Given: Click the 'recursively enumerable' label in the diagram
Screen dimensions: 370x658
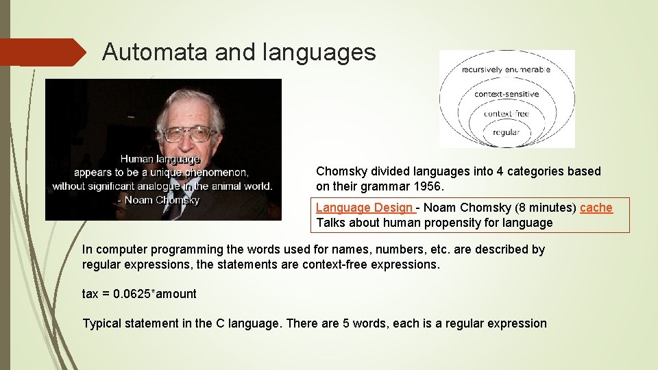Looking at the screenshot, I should click(x=506, y=69).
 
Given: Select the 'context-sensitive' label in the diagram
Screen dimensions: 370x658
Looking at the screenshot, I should click(x=507, y=94).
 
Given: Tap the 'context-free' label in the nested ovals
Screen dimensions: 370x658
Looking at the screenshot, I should click(x=507, y=114).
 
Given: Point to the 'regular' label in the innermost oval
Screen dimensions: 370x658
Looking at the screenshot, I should click(x=507, y=132).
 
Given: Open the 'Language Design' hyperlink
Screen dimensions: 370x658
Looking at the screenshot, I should click(x=364, y=208).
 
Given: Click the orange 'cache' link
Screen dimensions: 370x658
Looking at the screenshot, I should click(x=596, y=208).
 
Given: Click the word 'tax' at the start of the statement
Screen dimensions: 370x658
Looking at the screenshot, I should click(x=90, y=294).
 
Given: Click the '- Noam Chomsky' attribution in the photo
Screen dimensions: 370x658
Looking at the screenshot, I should click(x=158, y=200).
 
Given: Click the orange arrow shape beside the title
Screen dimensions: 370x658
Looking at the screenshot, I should click(x=41, y=52).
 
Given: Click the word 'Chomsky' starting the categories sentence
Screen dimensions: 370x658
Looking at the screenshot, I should click(x=341, y=171).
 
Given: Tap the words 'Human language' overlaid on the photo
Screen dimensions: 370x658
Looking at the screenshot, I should click(x=160, y=159).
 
